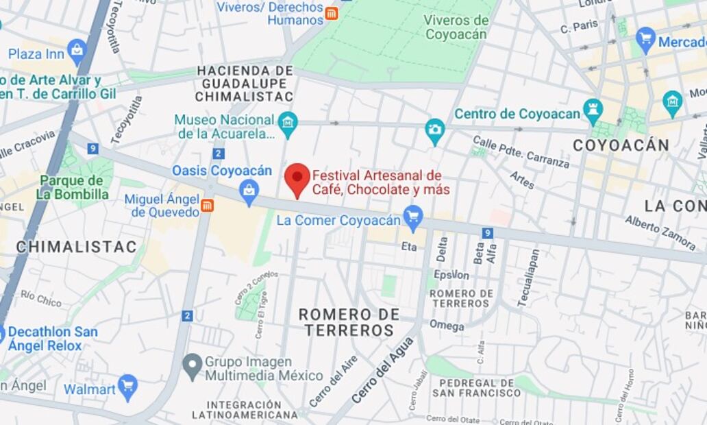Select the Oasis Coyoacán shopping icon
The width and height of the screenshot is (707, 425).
point(249,192)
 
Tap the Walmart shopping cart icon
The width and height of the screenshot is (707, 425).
point(127,387)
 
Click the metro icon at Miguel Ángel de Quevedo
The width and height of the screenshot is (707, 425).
point(207,205)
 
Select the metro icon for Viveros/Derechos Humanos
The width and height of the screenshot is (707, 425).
point(332,14)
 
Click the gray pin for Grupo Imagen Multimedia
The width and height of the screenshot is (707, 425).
point(193,367)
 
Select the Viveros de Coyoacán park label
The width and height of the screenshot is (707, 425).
point(455,27)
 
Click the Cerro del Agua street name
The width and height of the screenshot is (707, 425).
point(383,370)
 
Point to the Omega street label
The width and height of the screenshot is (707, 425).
point(447,326)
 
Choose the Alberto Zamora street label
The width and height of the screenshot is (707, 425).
point(660,232)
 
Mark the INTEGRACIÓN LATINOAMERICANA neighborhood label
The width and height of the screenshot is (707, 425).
point(245,409)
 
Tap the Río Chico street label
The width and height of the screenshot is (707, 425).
point(40,298)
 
